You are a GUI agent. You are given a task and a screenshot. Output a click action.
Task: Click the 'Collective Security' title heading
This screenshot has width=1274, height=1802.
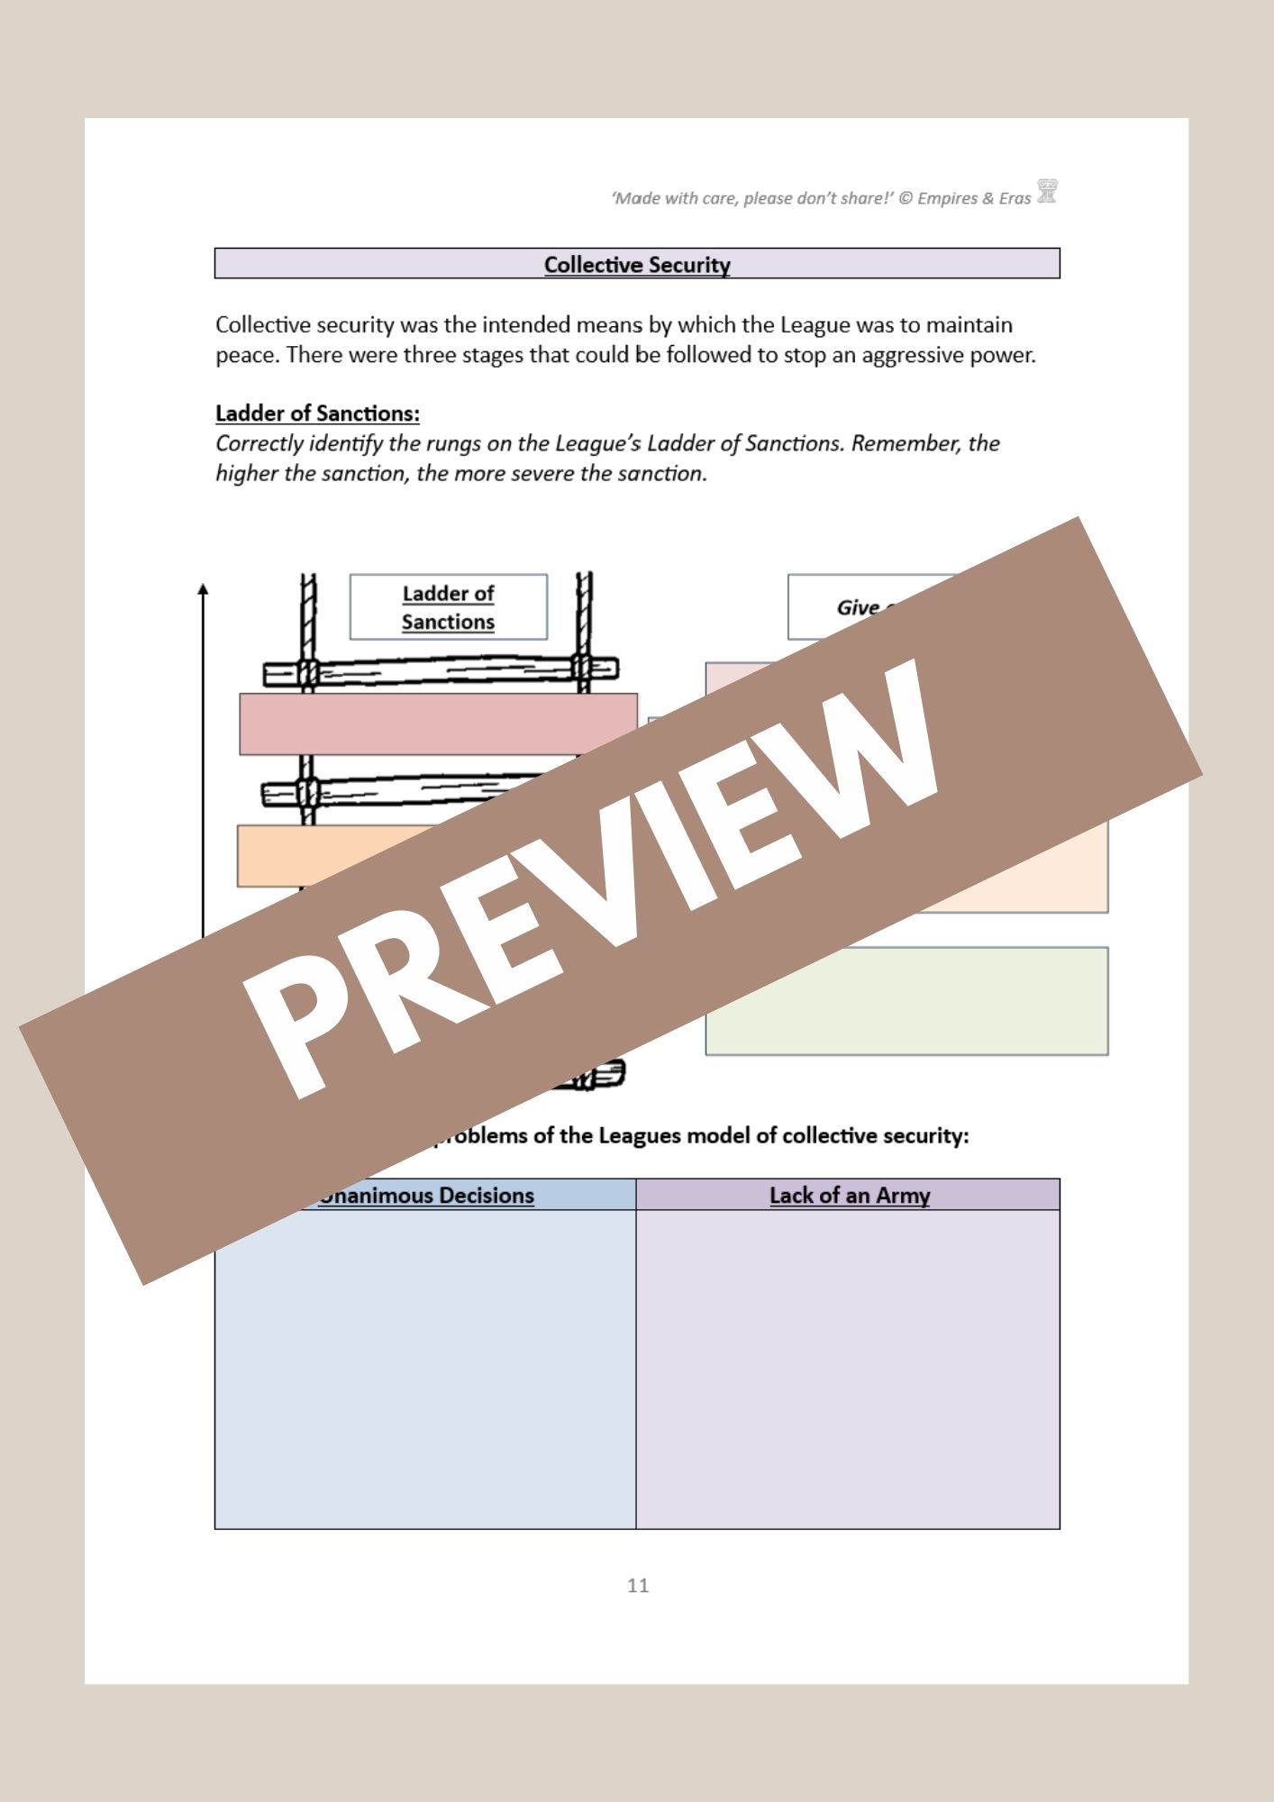click(637, 265)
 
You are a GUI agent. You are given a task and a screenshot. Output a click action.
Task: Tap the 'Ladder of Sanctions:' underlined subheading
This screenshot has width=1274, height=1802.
click(317, 414)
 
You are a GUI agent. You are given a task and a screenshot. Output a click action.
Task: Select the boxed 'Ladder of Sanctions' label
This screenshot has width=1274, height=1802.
click(448, 607)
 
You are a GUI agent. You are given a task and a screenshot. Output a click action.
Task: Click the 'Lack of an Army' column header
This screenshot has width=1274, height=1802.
click(849, 1196)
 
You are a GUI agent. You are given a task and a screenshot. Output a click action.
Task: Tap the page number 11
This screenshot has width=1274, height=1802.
click(638, 1586)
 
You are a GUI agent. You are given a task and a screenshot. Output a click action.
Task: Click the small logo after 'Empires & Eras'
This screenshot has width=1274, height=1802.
click(1047, 192)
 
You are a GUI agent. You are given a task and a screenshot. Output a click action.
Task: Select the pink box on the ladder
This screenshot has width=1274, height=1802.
click(438, 724)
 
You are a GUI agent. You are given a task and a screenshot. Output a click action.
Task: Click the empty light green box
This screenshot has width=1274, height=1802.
click(906, 1001)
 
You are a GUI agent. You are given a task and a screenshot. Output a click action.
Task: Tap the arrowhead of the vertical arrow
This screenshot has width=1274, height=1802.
click(203, 589)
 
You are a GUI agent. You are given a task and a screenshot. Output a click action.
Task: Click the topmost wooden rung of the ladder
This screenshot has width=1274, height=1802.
click(441, 670)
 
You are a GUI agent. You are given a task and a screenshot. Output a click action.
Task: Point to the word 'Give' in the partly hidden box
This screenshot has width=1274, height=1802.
click(857, 608)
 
